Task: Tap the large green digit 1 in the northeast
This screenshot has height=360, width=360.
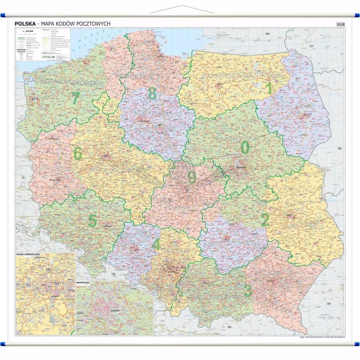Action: point(269,88)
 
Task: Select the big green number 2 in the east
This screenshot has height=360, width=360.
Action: point(265,220)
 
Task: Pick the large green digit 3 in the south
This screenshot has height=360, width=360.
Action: point(248,291)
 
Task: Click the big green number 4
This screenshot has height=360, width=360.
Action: point(156,244)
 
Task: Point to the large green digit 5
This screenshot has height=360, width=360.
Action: point(92,221)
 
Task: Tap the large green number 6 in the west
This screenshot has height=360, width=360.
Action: point(77,153)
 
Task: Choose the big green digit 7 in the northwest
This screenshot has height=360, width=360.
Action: point(75,98)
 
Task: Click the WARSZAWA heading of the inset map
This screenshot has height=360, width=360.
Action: point(83,283)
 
